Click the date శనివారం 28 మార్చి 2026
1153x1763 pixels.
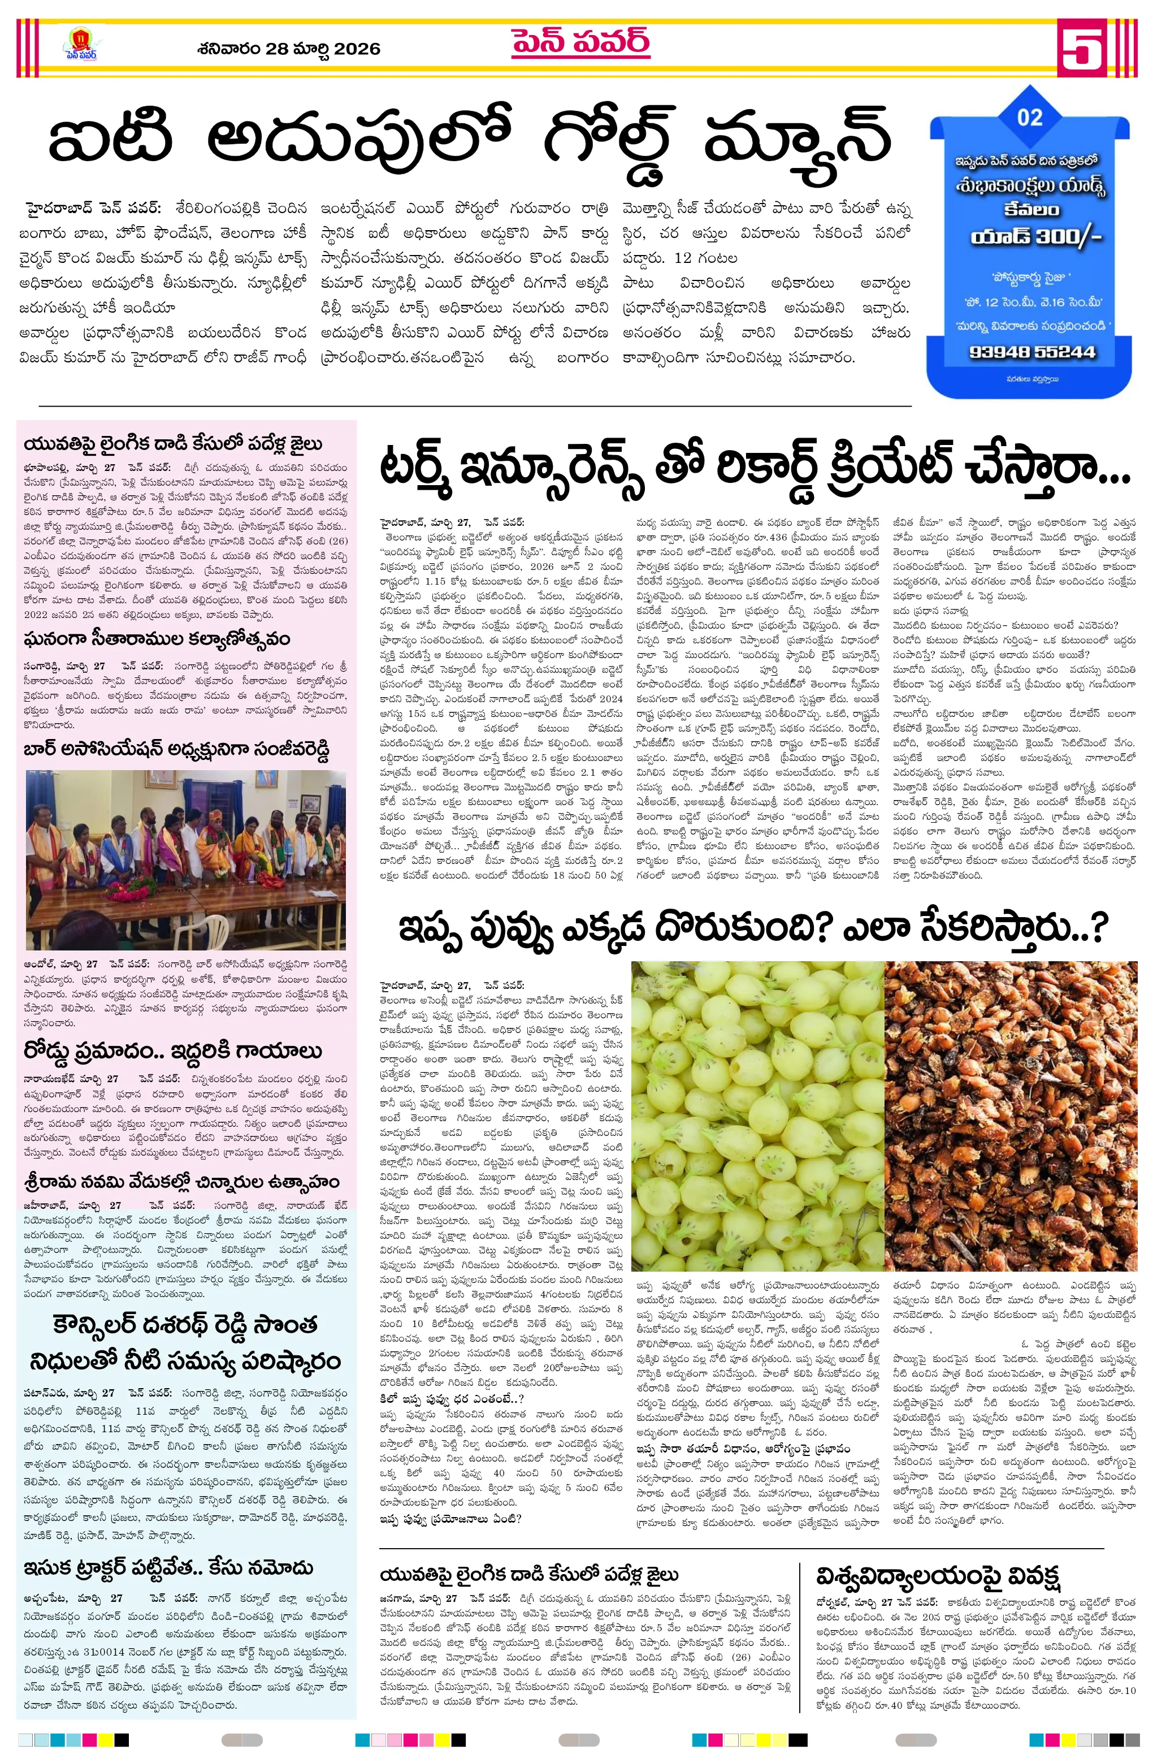[289, 49]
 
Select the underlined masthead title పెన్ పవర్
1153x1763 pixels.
[580, 42]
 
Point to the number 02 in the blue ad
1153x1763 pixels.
[1029, 117]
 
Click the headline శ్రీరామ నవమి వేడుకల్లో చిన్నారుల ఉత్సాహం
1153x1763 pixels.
[181, 1182]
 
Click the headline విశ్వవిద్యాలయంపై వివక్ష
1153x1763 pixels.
[938, 1574]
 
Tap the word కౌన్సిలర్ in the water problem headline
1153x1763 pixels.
[111, 1324]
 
